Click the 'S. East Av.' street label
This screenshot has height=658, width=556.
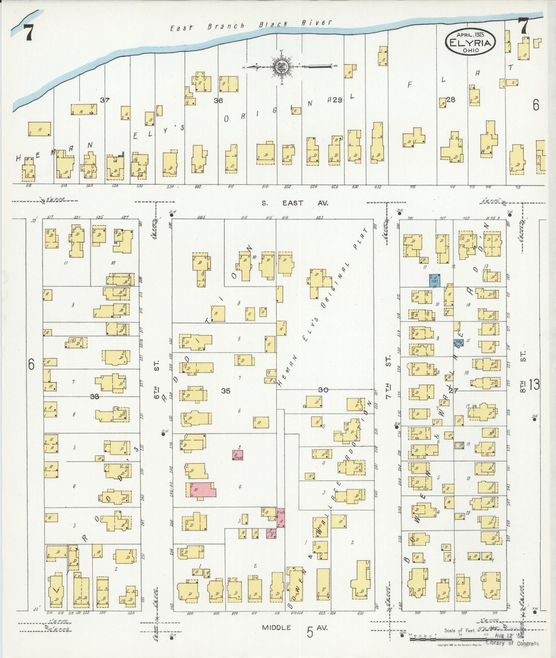(x=295, y=203)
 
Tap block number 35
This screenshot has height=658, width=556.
(x=226, y=391)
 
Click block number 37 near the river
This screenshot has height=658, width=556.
(x=105, y=100)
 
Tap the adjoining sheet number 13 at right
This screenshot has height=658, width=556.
(x=534, y=385)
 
